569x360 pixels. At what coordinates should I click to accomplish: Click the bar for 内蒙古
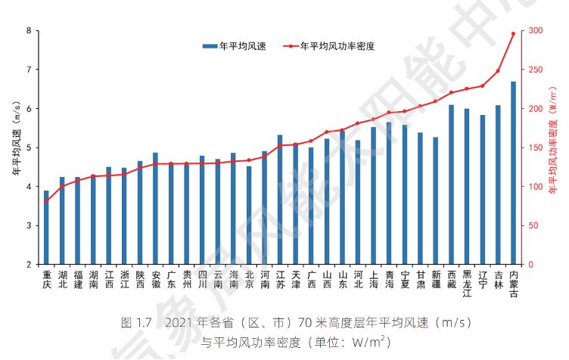coord(513,173)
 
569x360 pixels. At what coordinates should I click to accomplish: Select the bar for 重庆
coord(46,228)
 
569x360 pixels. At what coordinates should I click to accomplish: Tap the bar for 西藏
coord(451,185)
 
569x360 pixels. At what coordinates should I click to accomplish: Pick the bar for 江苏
coord(280,200)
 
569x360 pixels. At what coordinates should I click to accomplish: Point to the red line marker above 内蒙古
coord(513,33)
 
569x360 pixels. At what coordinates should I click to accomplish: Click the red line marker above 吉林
coord(498,71)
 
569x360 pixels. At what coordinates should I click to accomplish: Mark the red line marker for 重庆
coord(46,200)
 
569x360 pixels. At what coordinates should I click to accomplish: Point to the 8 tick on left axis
coord(29,31)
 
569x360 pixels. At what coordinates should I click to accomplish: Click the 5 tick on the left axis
coord(29,147)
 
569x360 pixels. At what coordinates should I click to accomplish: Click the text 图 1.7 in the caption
coord(137,323)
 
